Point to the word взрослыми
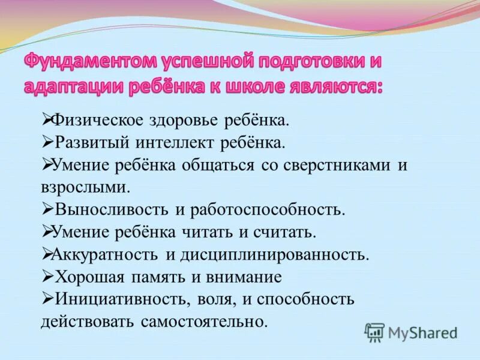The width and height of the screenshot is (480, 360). pos(85,187)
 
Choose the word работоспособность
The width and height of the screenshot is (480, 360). pos(268,209)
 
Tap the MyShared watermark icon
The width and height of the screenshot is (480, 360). pos(374,332)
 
